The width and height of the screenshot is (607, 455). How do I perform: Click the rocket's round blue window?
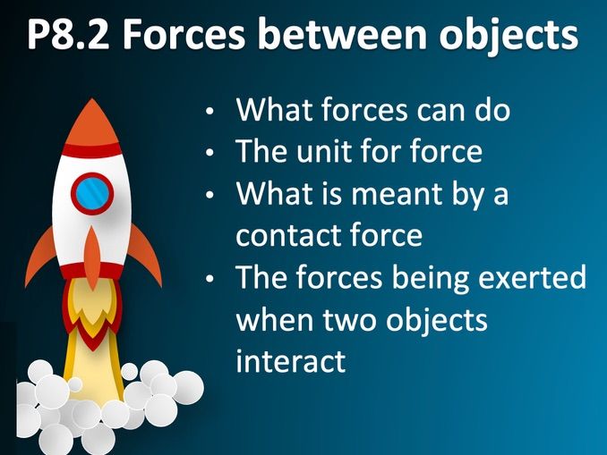pyautogui.click(x=92, y=193)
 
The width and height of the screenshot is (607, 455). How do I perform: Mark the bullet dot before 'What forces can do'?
pyautogui.click(x=209, y=112)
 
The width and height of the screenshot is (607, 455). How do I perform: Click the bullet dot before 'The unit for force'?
pyautogui.click(x=209, y=154)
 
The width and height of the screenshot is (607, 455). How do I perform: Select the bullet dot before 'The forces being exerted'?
pyautogui.click(x=209, y=279)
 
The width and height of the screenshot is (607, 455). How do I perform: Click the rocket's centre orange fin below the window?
pyautogui.click(x=91, y=255)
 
